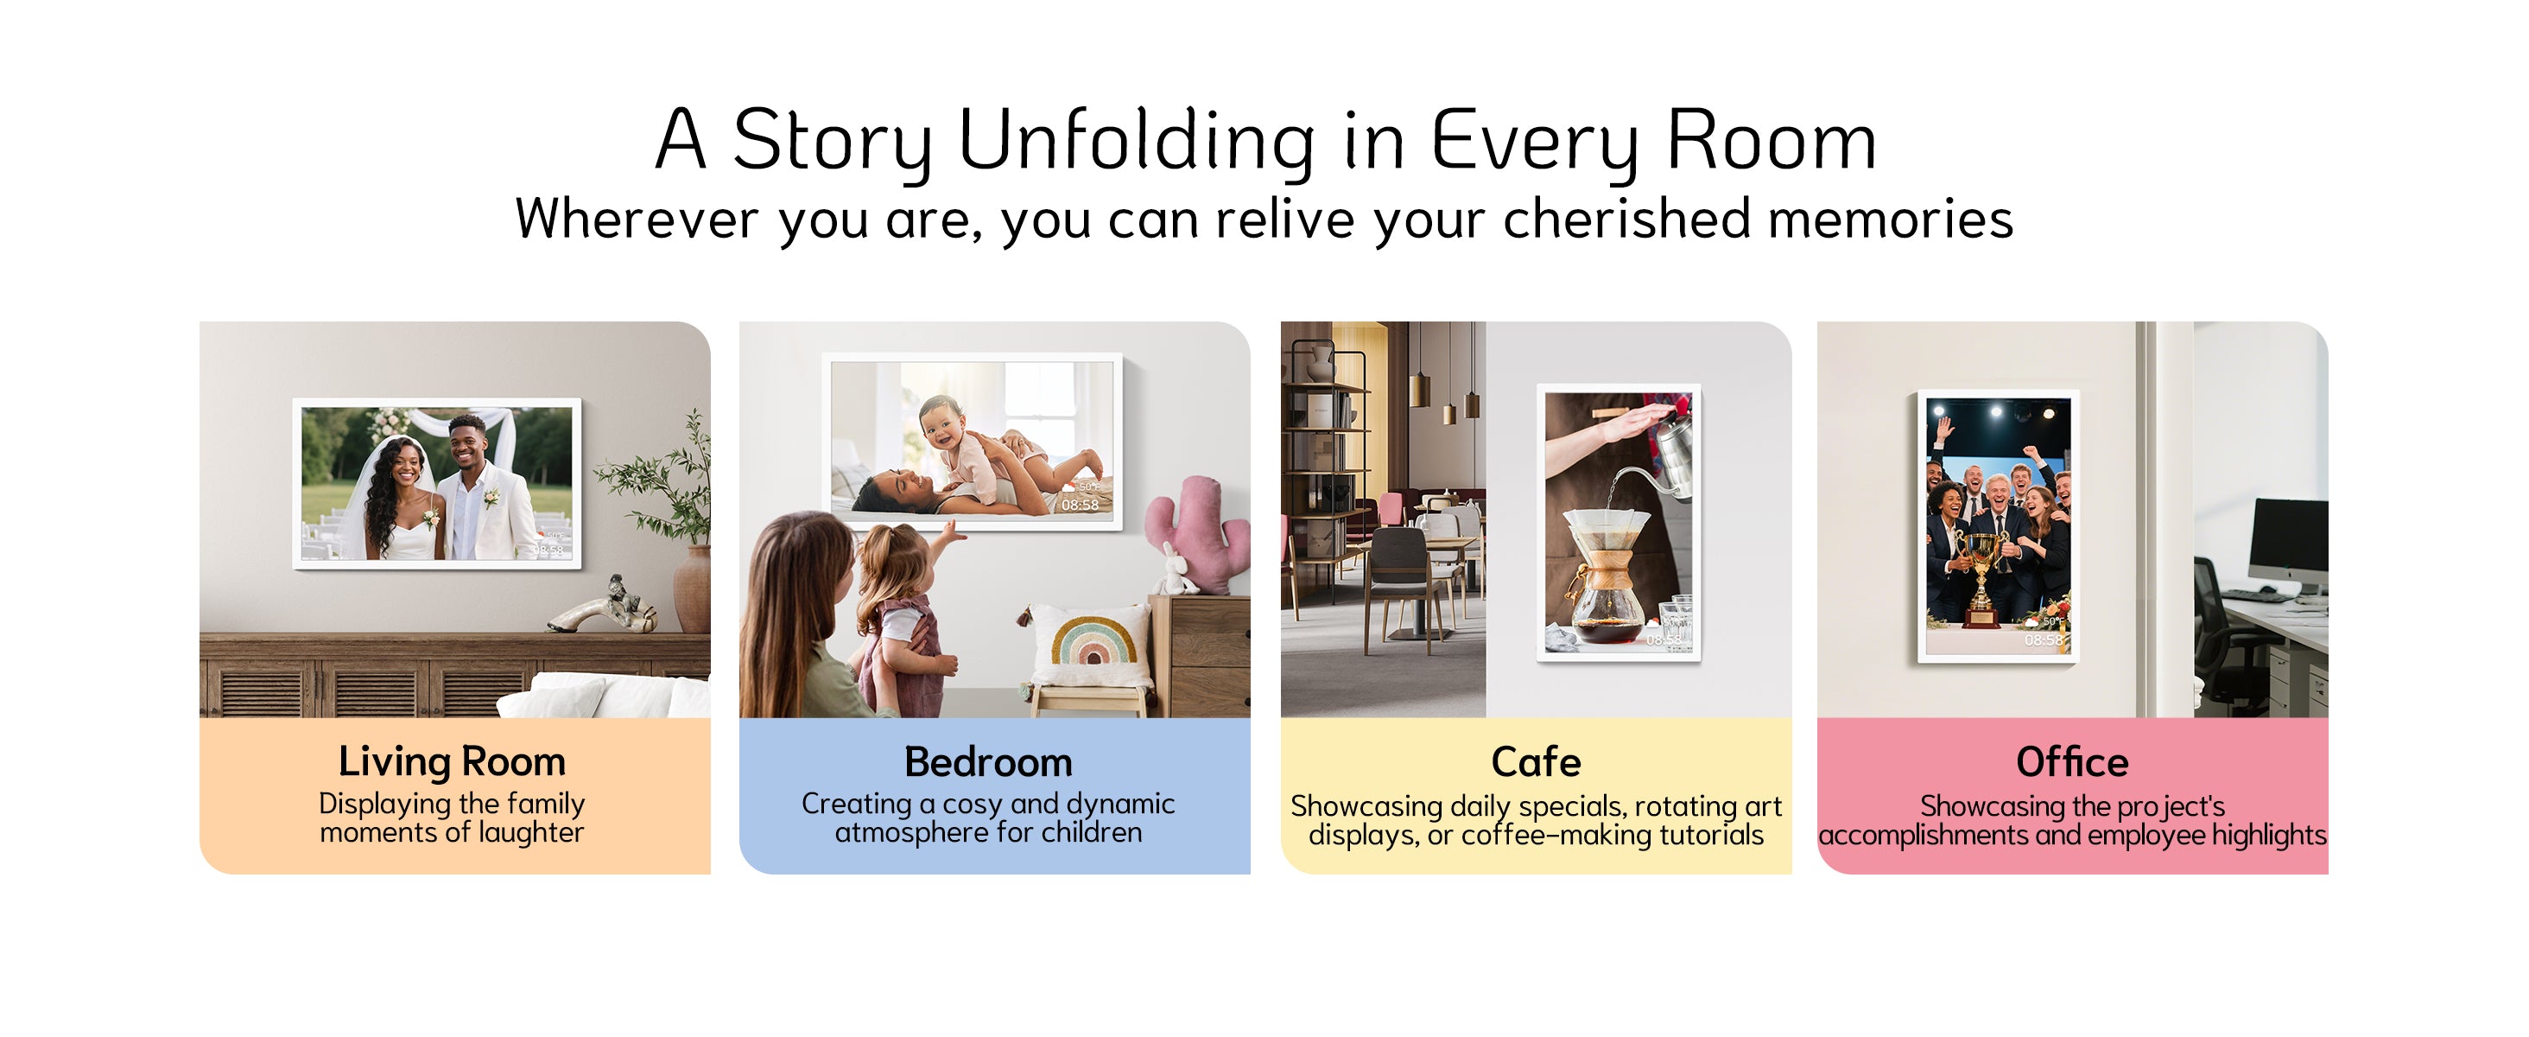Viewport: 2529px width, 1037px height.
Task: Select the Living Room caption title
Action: point(452,762)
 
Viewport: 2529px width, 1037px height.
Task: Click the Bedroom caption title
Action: point(987,762)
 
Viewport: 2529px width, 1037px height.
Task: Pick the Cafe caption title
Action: point(1536,762)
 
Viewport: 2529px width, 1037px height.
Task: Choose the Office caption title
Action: point(2071,762)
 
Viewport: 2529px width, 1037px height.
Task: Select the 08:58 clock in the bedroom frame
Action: point(1079,505)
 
